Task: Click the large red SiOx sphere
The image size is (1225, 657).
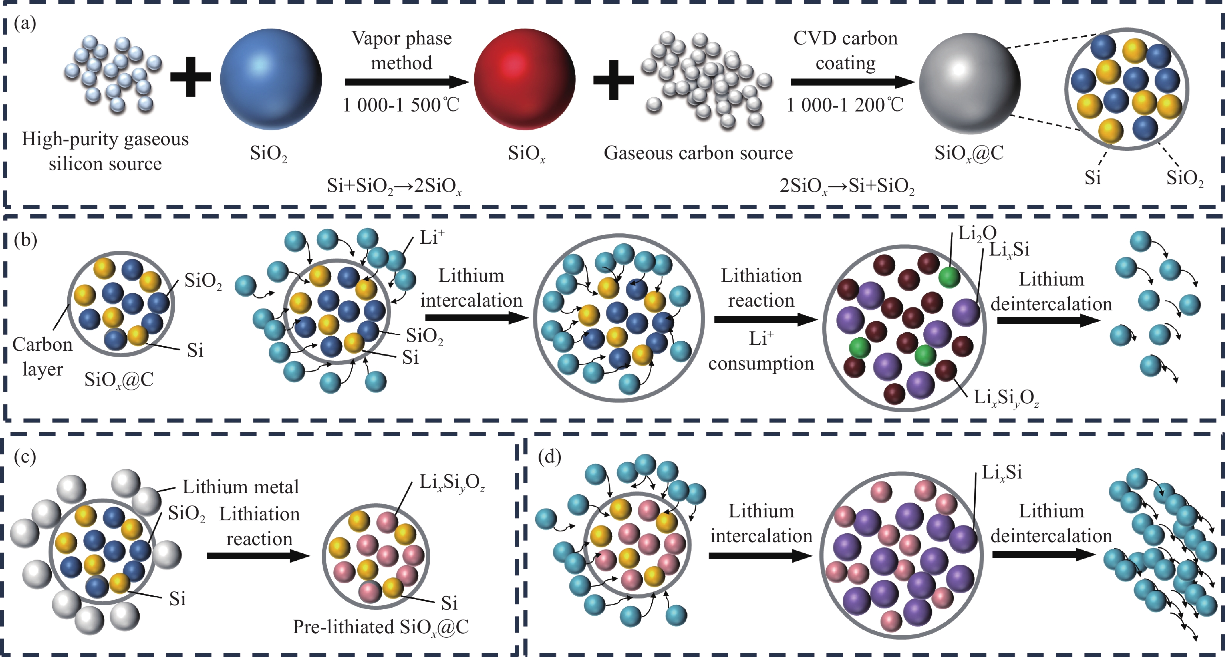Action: pos(525,79)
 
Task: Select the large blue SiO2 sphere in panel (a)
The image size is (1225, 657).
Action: pos(270,79)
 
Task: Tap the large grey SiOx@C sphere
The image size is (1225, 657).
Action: pos(970,83)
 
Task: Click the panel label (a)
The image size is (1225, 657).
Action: pos(25,23)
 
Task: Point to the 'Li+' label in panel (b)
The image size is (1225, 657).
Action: pos(432,237)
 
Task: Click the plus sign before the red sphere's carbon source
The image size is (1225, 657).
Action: pos(613,80)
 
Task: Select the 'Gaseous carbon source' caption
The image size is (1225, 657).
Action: pos(698,153)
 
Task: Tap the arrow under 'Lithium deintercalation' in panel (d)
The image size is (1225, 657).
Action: pos(1044,554)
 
